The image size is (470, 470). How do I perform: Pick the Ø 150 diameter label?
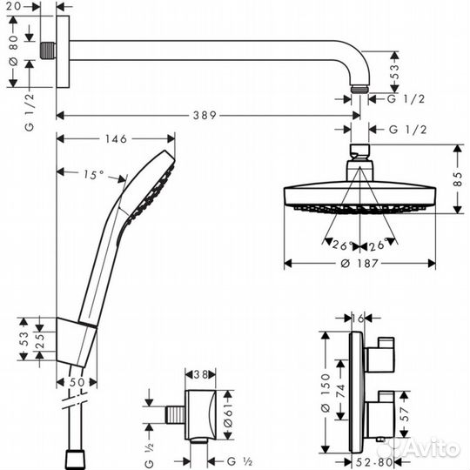[326, 386]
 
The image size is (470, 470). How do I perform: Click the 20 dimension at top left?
[25, 6]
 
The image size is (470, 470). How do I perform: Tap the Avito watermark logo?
[426, 449]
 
